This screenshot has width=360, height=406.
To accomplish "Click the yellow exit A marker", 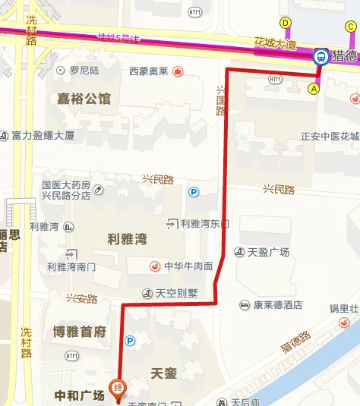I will [312, 88].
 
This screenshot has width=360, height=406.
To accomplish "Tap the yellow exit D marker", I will [286, 23].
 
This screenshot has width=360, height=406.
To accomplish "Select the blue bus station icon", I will [320, 55].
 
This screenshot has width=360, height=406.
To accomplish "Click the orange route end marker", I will [118, 388].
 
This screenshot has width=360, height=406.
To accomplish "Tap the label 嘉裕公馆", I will [84, 99].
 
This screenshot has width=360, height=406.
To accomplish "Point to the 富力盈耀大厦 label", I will [43, 136].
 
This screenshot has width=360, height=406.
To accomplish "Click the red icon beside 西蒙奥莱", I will [177, 71].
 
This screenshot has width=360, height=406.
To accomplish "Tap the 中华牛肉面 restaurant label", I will [188, 266].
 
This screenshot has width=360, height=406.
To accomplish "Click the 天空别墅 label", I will [175, 293].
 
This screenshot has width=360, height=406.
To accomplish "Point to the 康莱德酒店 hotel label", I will [277, 305].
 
